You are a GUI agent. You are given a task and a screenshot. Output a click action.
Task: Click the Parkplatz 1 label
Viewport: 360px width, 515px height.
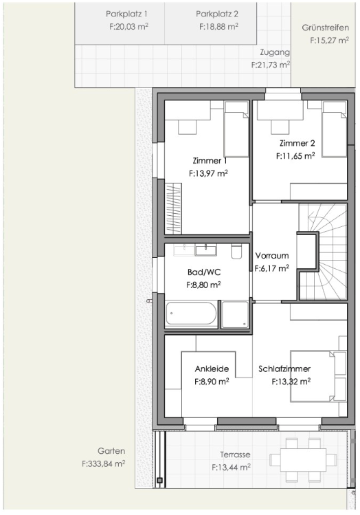tap(126, 14)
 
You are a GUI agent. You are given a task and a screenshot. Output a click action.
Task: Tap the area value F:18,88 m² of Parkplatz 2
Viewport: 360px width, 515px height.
tap(218, 27)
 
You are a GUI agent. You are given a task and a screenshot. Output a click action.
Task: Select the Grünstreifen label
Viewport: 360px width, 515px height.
tap(325, 28)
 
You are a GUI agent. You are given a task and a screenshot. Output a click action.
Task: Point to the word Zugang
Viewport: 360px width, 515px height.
tap(275, 52)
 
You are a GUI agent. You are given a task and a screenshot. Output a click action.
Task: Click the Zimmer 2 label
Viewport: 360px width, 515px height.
tap(297, 143)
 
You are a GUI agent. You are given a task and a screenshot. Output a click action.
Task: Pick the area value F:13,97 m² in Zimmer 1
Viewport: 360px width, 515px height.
tap(208, 173)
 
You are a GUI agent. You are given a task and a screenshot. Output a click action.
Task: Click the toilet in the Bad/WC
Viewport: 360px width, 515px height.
tap(236, 251)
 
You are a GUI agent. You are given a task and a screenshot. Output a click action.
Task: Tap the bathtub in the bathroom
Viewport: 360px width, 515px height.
tap(191, 314)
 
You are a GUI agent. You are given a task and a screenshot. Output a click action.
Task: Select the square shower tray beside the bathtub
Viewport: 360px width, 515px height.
tap(235, 314)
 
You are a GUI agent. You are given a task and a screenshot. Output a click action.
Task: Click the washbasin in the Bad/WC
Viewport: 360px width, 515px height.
tap(205, 250)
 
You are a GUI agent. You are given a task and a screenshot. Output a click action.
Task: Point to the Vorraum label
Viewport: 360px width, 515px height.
tap(272, 256)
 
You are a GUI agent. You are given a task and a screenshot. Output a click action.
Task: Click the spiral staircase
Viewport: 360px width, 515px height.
tap(323, 252)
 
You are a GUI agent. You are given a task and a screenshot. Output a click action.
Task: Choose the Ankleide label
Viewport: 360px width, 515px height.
tap(212, 369)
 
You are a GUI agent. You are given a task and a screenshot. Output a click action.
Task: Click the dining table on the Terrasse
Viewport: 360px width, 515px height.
tap(297, 460)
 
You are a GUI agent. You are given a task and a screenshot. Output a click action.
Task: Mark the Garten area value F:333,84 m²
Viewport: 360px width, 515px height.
tap(103, 463)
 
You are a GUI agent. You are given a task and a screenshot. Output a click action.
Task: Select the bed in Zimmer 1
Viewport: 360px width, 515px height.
tap(236, 129)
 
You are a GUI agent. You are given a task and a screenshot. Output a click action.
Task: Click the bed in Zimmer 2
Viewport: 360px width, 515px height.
tap(335, 129)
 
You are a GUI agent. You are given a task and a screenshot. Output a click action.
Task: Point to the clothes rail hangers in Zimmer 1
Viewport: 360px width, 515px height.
tap(173, 208)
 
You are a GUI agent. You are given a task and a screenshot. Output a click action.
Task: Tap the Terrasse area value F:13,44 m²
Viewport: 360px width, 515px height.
tap(231, 467)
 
